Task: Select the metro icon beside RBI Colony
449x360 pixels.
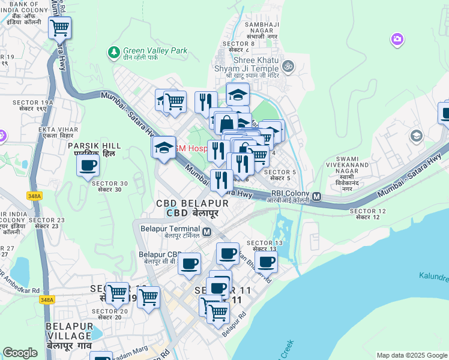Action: point(316,197)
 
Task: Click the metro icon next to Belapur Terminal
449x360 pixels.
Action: point(207,232)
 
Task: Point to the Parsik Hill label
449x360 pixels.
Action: point(94,149)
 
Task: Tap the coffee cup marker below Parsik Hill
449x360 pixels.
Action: point(88,166)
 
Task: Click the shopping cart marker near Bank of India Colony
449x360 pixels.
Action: point(59,28)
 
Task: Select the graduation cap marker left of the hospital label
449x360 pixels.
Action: point(163,148)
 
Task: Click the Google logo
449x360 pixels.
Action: point(20,353)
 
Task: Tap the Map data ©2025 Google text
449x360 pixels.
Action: point(411,355)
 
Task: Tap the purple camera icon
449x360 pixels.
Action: point(396,40)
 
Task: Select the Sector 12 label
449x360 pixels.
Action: point(367,214)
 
